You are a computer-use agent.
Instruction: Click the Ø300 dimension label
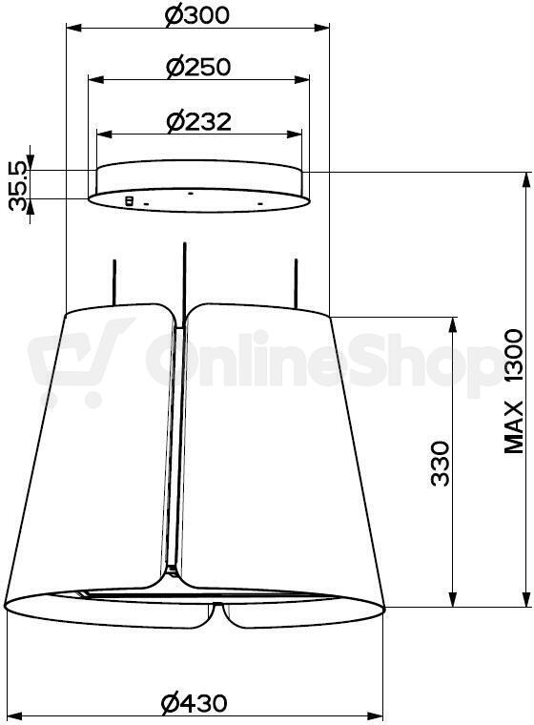pyautogui.click(x=197, y=15)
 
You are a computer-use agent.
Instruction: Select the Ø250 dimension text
pyautogui.click(x=198, y=68)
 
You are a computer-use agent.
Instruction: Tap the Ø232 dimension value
pyautogui.click(x=198, y=121)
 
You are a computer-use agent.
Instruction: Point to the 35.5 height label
pyautogui.click(x=18, y=186)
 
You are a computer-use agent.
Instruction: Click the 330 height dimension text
pyautogui.click(x=440, y=464)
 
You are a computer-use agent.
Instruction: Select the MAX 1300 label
pyautogui.click(x=513, y=391)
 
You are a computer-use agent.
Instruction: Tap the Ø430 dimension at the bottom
pyautogui.click(x=195, y=703)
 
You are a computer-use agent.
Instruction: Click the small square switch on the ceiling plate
pyautogui.click(x=130, y=200)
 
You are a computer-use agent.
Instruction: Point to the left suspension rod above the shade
pyautogui.click(x=113, y=282)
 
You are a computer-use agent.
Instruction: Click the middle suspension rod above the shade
pyautogui.click(x=184, y=282)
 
